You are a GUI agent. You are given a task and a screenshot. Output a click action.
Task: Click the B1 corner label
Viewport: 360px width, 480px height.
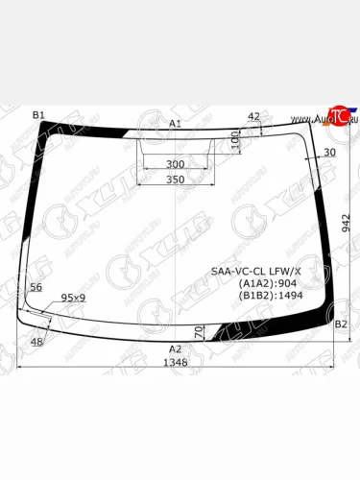click(38, 115)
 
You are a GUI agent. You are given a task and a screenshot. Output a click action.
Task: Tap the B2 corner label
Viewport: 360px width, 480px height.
click(340, 324)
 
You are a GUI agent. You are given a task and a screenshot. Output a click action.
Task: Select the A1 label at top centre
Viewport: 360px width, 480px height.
click(175, 124)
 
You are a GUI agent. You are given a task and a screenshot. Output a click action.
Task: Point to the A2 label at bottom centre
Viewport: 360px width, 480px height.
click(175, 348)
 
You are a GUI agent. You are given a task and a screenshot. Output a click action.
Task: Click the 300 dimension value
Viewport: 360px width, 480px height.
click(175, 164)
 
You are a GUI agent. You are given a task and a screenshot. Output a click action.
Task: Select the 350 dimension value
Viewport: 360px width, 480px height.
click(175, 180)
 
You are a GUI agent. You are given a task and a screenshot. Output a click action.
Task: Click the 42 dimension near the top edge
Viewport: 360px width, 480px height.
click(253, 117)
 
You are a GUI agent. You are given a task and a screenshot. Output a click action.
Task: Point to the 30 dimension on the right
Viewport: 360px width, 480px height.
click(330, 153)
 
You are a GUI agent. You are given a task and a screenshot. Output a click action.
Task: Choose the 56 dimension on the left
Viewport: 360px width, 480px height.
click(36, 287)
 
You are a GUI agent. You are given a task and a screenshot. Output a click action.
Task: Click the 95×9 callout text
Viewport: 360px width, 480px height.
click(73, 298)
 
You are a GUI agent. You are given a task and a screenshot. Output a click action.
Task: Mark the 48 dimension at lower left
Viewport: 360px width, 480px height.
click(36, 342)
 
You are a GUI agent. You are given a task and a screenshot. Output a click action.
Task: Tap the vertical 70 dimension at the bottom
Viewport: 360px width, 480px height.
click(199, 331)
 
